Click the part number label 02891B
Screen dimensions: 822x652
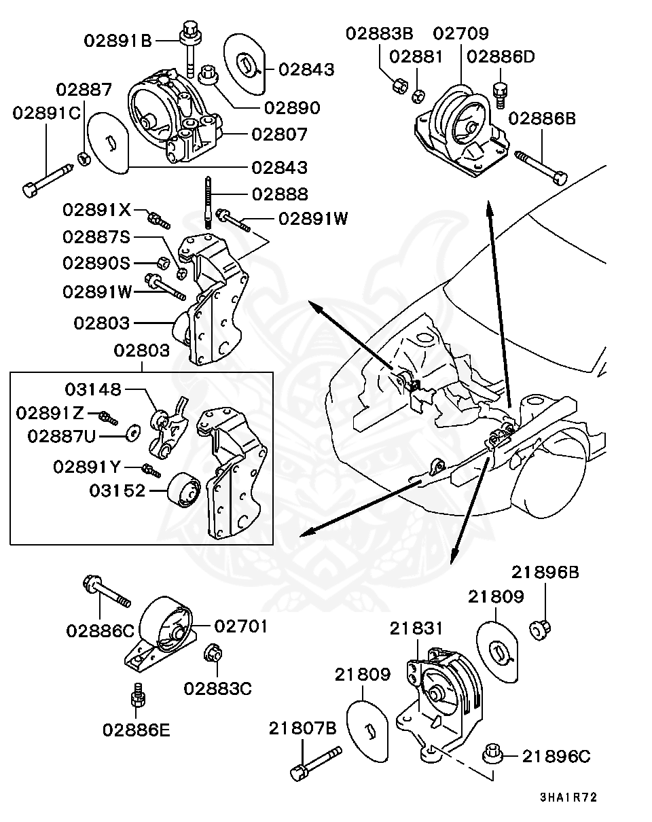(118, 40)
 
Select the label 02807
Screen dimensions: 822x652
(279, 134)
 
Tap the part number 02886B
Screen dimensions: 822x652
(541, 119)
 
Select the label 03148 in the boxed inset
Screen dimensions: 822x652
(93, 389)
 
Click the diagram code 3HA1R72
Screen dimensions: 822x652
(568, 797)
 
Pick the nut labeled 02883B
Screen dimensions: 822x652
(400, 86)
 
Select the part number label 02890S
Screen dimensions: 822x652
(96, 262)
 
